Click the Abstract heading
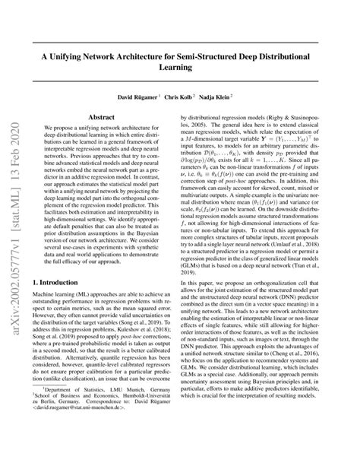[102, 118]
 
